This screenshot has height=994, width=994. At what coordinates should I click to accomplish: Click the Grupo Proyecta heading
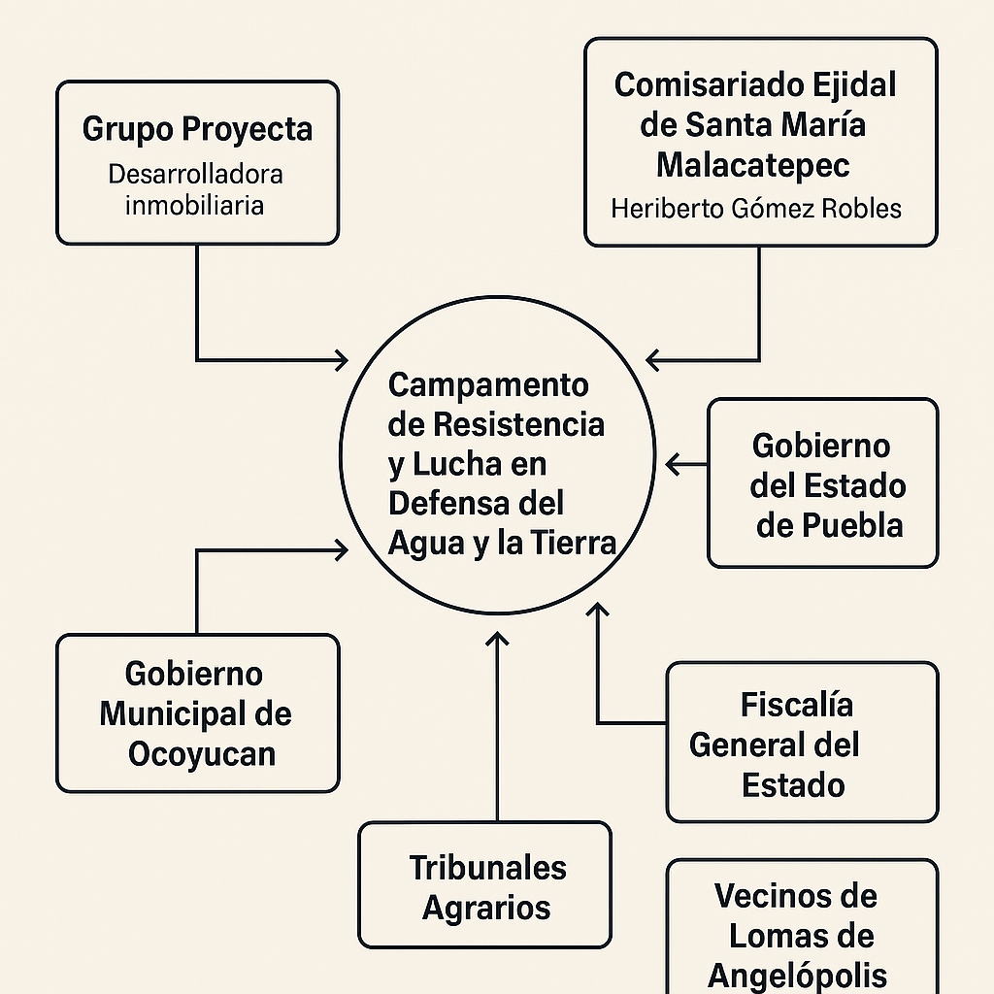(x=197, y=128)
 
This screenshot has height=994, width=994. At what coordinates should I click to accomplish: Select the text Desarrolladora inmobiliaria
(x=195, y=190)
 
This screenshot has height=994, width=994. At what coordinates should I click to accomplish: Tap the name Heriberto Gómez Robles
(x=756, y=208)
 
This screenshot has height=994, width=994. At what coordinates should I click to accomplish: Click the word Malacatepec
(x=753, y=165)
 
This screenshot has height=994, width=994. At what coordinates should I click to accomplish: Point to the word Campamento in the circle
(x=488, y=385)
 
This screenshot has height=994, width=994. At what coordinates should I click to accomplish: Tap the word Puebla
(x=830, y=525)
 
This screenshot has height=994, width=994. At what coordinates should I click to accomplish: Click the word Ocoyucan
(x=201, y=754)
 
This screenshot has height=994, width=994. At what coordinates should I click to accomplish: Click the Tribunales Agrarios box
(x=485, y=885)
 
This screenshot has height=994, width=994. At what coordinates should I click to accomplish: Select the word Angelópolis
(x=797, y=975)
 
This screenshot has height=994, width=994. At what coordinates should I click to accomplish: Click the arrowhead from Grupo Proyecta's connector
(x=341, y=360)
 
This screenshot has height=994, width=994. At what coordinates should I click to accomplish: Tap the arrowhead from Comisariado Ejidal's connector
(x=653, y=360)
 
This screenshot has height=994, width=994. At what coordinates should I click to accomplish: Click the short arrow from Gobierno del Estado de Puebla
(x=685, y=465)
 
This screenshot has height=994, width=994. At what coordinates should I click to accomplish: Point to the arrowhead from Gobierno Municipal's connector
(x=341, y=550)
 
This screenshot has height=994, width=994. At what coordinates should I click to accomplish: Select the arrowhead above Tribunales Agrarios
(x=496, y=639)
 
